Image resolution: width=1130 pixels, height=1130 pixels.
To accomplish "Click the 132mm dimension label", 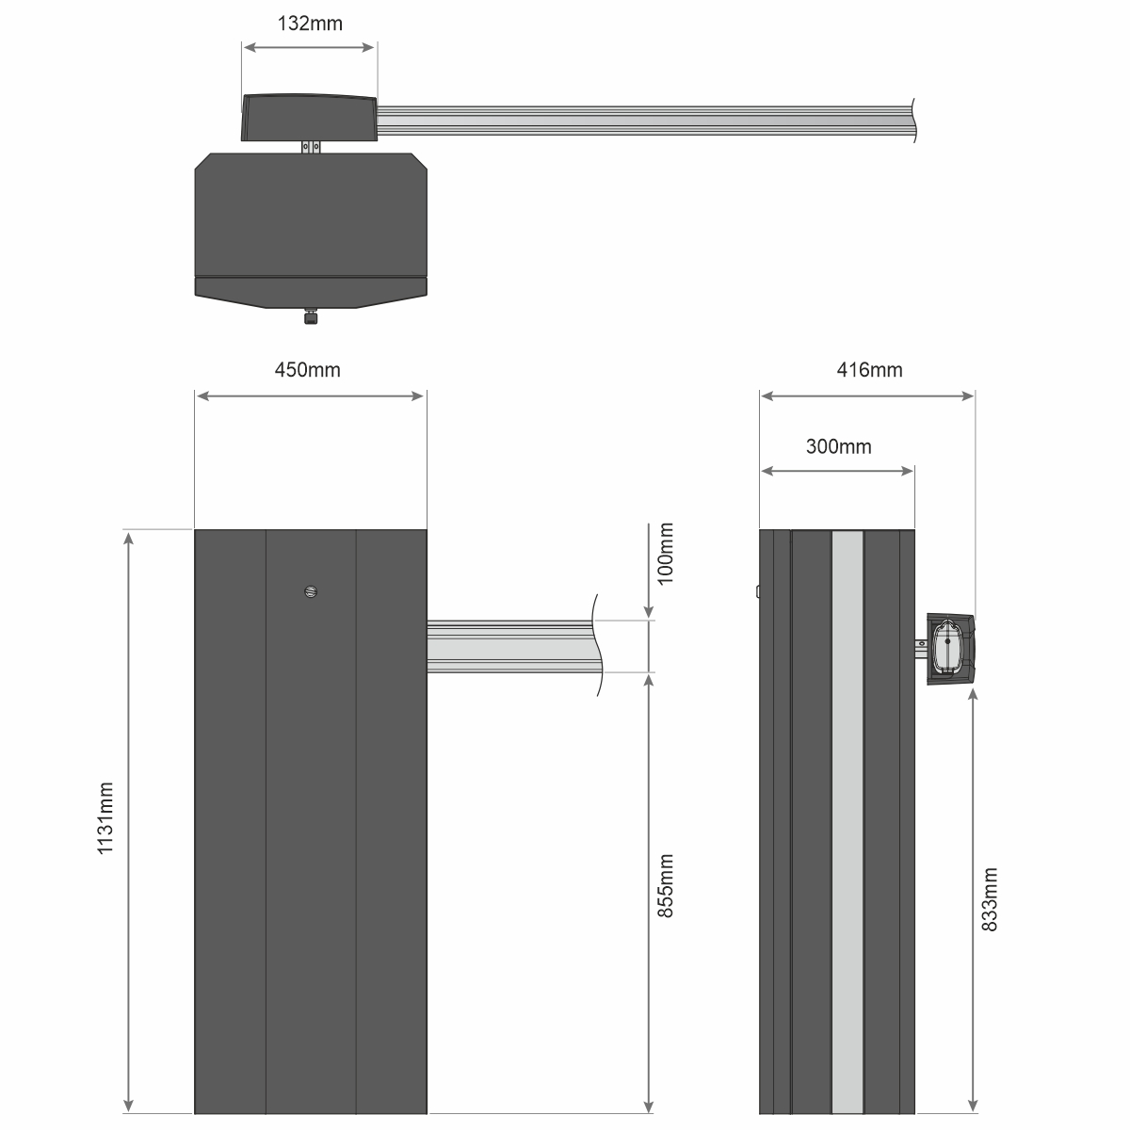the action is [x=310, y=24].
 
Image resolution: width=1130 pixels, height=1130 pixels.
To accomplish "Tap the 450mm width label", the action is [x=307, y=370].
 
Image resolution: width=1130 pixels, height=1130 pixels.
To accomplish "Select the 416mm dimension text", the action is [x=869, y=370].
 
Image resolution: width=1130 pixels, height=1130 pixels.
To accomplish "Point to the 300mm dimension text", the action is [x=839, y=447].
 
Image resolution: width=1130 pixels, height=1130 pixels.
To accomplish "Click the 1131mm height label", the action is [x=105, y=818].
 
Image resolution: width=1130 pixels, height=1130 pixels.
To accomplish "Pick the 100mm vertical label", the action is [x=665, y=554].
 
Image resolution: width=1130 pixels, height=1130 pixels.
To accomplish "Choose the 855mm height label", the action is [x=665, y=886].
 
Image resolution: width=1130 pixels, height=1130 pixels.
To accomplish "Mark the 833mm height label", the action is [x=990, y=899].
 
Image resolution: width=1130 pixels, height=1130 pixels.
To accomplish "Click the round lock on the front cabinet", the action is [x=311, y=591].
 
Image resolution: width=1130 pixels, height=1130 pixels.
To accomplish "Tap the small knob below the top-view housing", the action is [x=310, y=316].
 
